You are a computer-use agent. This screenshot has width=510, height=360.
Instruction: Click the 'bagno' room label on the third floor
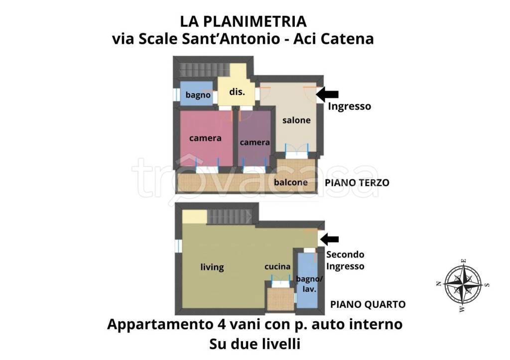click(x=198, y=95)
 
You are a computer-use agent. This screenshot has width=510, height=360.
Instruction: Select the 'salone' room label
click(x=296, y=120)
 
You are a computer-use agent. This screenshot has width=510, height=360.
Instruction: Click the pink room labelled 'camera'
click(x=205, y=138)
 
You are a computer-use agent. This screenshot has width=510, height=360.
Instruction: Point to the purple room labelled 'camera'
click(x=255, y=142)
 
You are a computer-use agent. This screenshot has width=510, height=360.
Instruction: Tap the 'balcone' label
click(x=290, y=182)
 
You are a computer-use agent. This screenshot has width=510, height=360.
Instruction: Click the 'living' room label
click(x=212, y=267)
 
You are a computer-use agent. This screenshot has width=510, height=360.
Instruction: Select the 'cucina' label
click(x=277, y=266)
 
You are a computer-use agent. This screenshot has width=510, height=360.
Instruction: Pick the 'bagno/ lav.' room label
click(x=307, y=283)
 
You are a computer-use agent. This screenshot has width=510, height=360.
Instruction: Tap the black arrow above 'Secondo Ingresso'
click(x=329, y=240)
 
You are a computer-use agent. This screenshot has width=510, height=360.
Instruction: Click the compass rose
click(x=463, y=284)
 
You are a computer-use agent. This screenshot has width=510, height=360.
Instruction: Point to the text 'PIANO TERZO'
click(x=357, y=183)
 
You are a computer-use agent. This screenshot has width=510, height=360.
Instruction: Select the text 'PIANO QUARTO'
click(x=368, y=304)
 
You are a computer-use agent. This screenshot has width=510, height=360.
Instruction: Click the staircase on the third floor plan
click(x=196, y=69)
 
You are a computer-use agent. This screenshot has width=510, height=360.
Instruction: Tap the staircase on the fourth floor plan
click(x=229, y=217)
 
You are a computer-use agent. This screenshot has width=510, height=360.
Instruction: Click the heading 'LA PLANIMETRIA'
click(x=243, y=21)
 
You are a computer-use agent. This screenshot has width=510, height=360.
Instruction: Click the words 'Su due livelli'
click(x=255, y=344)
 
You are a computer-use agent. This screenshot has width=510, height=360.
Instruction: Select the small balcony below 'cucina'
click(x=280, y=300)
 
